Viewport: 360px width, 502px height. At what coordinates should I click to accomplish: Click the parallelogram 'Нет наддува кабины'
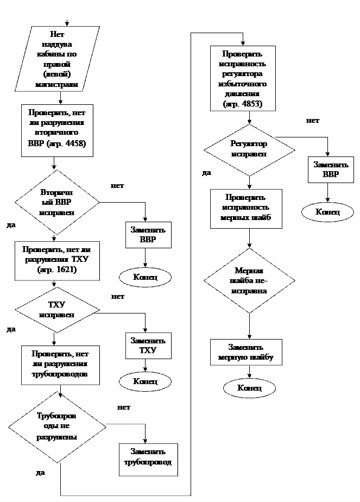point(57,59)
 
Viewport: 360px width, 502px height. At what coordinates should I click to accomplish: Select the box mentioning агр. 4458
point(57,130)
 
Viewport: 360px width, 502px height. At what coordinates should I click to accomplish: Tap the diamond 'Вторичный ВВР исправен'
point(57,202)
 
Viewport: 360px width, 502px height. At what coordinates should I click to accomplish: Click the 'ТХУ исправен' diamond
point(57,310)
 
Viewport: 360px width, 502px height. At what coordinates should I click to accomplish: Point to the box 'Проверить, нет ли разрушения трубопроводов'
point(60,364)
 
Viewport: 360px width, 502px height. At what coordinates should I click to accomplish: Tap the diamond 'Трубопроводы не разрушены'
point(57,426)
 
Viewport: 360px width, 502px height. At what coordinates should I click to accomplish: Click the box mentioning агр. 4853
point(243,78)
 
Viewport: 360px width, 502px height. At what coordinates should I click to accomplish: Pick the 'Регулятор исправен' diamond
point(249,149)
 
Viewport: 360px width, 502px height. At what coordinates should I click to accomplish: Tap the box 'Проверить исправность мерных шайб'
point(245,208)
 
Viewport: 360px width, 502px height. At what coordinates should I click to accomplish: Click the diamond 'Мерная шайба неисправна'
point(249,280)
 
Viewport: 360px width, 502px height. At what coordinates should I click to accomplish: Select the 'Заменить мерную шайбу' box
point(245,353)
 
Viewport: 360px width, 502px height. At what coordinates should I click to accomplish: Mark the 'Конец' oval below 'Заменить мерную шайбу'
point(249,388)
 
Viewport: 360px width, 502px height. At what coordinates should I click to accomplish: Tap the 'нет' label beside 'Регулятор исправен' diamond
point(314,121)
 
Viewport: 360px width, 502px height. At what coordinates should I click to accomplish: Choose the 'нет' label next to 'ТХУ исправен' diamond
point(118,297)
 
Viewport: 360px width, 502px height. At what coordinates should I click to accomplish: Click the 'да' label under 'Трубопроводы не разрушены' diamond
point(41,473)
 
